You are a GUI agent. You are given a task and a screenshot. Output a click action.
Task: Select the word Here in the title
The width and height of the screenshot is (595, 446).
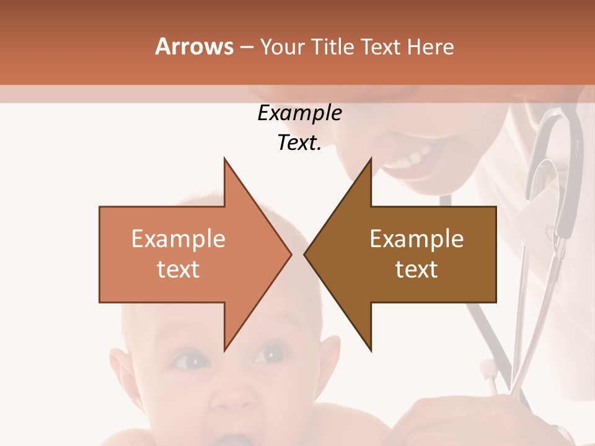(430, 46)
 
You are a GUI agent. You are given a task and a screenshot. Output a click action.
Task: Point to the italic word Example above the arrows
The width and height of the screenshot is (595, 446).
(299, 113)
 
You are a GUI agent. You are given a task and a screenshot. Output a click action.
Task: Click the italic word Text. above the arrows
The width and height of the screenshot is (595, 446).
(299, 143)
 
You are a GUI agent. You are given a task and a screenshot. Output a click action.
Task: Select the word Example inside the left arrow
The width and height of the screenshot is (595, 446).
(178, 238)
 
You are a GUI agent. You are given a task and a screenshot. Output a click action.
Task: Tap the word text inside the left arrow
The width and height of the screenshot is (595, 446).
(178, 269)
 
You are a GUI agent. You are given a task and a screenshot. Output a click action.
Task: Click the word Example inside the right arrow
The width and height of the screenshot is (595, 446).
(416, 238)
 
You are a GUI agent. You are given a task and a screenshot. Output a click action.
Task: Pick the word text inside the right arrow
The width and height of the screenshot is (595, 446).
(416, 269)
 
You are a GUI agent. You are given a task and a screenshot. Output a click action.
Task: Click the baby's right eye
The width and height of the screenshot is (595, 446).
(271, 354)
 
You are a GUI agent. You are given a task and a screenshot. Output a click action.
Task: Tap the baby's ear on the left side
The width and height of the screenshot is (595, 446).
(121, 372)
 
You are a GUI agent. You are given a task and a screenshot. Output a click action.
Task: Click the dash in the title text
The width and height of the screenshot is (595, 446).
(246, 47)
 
